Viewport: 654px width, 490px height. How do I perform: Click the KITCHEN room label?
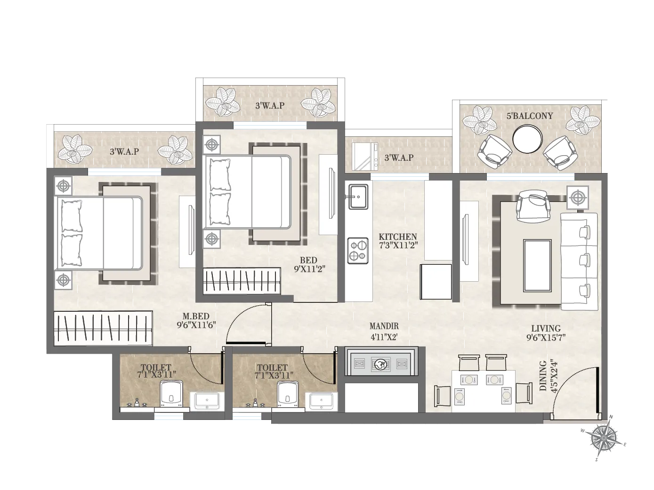[x=398, y=237]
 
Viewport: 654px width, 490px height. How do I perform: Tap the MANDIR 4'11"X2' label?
[x=384, y=331]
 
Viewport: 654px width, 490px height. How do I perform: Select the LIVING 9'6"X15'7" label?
[x=546, y=332]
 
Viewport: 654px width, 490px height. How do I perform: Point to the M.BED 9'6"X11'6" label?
[x=196, y=321]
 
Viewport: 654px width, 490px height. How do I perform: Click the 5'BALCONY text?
[x=530, y=116]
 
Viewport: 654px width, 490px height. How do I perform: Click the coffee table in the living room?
[x=537, y=266]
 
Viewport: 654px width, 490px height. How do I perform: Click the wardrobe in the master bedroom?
[x=103, y=328]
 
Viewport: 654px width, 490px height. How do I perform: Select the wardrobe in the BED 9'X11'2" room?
[x=242, y=281]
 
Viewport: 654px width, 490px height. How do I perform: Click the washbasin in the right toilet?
[x=322, y=401]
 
